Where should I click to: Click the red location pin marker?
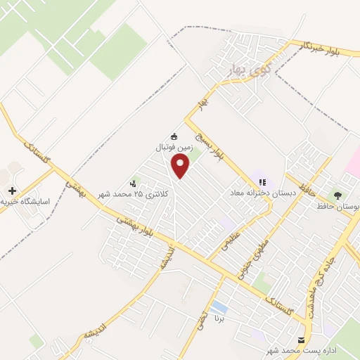click(181, 167)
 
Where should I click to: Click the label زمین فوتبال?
click(174, 148)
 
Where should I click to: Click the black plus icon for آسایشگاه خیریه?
click(11, 191)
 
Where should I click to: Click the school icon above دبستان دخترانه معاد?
click(262, 182)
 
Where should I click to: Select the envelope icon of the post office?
click(302, 340)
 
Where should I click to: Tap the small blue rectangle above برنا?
click(220, 307)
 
